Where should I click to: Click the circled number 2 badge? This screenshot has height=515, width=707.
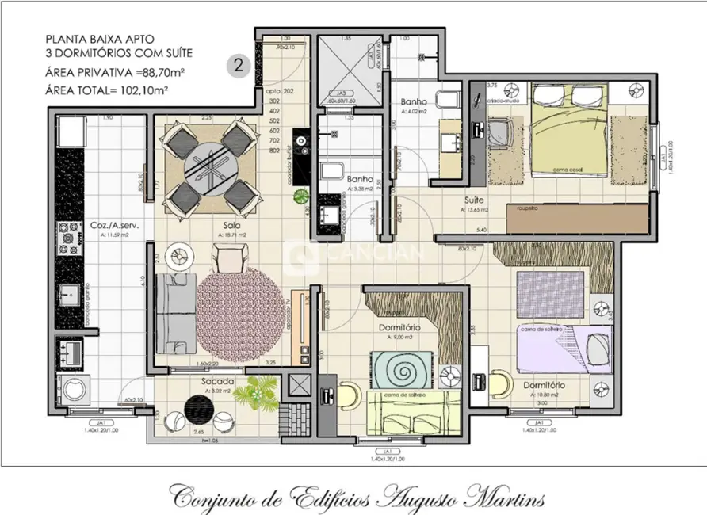235,66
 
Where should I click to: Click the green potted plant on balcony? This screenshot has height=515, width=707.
257,390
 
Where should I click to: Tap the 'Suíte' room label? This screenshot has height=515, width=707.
475,200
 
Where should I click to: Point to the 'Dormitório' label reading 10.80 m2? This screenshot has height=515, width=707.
544,384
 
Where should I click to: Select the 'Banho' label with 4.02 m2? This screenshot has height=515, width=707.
414,103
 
